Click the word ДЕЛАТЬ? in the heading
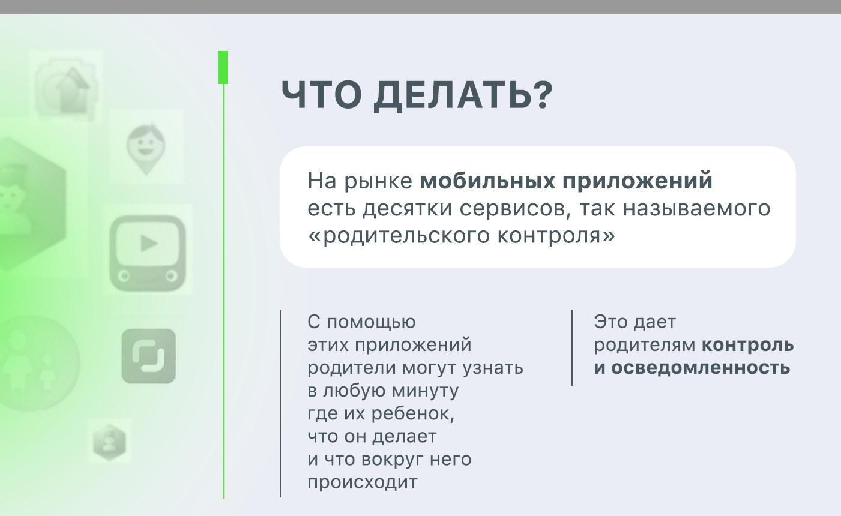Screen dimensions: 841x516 click(463, 95)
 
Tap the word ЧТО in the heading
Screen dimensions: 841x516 click(322, 95)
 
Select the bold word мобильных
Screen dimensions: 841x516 click(487, 181)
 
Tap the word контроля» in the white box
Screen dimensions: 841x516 click(556, 236)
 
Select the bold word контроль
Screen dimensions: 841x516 click(748, 345)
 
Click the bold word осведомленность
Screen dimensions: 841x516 click(701, 368)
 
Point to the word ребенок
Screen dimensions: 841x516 click(412, 413)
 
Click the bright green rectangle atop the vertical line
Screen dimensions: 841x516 click(223, 68)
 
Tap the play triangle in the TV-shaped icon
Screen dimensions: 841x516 click(149, 244)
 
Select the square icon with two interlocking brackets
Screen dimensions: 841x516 click(149, 356)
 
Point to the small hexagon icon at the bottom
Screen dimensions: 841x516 click(110, 442)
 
